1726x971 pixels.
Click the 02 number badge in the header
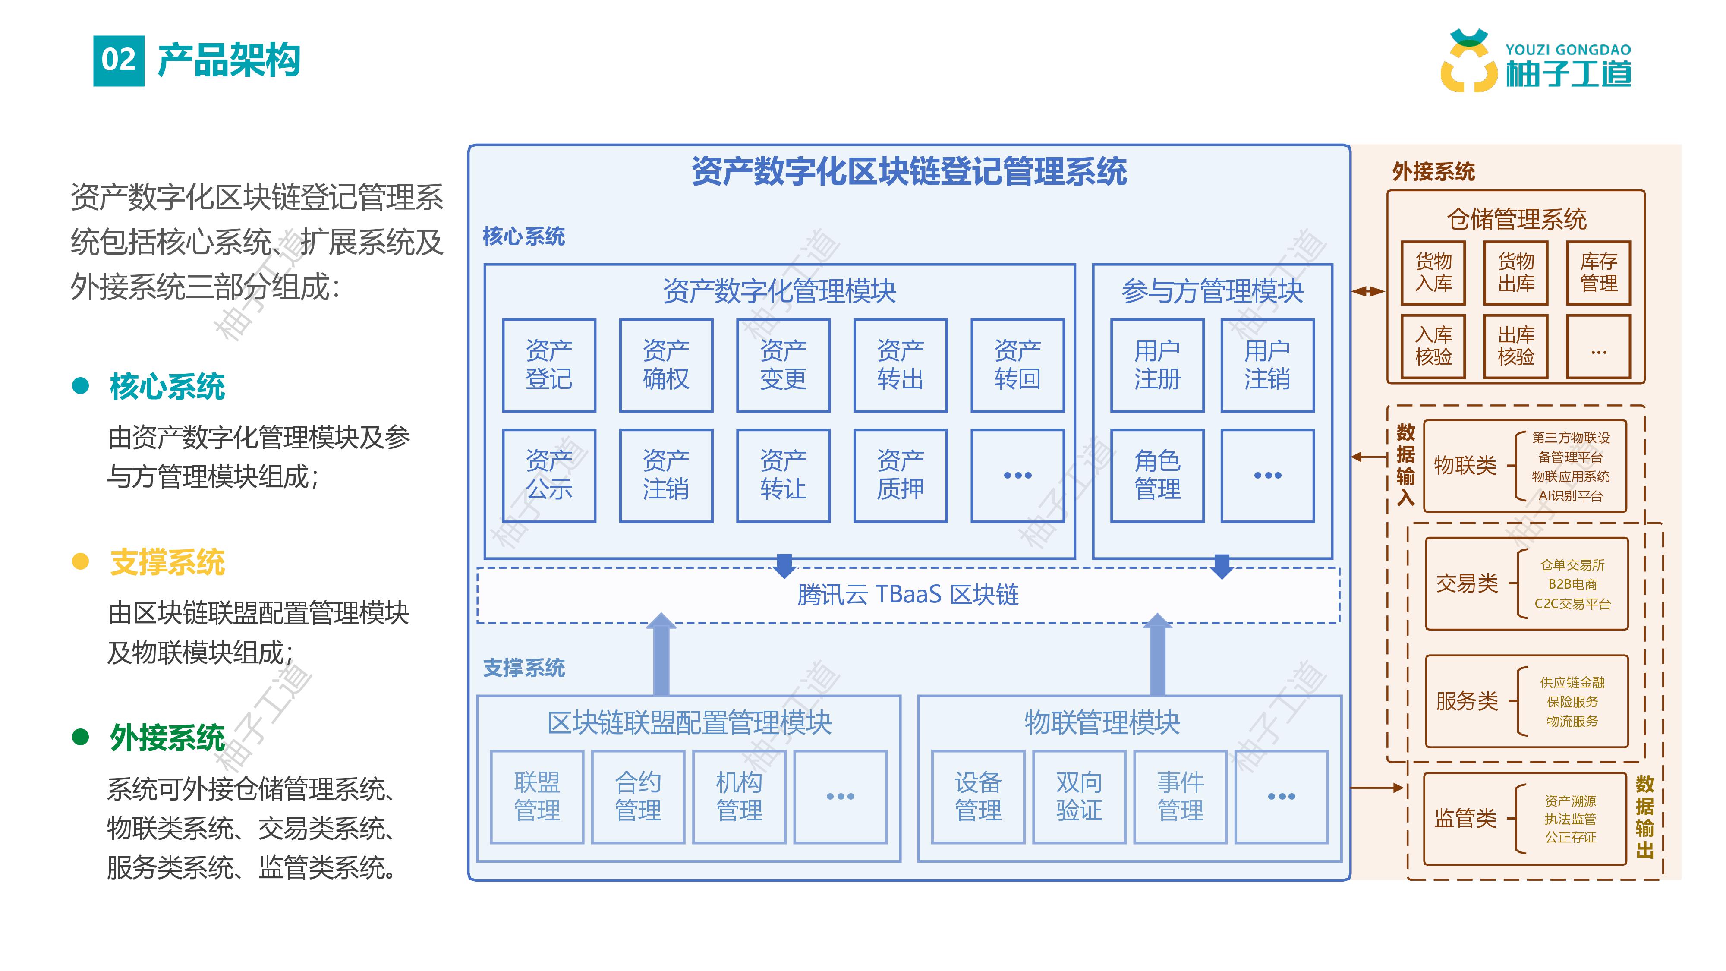pos(119,60)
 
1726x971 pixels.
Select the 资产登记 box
pos(549,365)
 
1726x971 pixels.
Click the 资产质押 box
pos(900,475)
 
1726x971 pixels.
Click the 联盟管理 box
pos(537,796)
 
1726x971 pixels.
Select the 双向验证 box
pos(1079,796)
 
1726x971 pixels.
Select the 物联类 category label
pos(1465,465)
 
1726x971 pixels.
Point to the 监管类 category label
pos(1465,818)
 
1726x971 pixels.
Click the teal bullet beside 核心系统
pos(80,386)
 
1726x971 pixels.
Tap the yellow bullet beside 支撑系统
pos(80,561)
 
